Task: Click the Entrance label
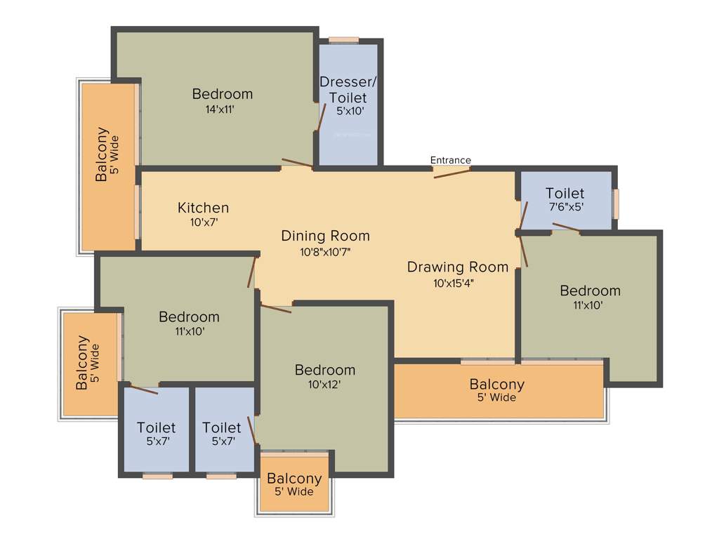tap(450, 160)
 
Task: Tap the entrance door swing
tap(451, 173)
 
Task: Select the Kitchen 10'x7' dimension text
tap(203, 222)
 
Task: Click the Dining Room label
tap(325, 236)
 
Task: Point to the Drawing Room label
tap(458, 267)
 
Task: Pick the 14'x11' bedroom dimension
tap(222, 109)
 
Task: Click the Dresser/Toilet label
tap(348, 89)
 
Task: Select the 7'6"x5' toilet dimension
tap(565, 208)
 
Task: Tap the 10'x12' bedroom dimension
tap(324, 385)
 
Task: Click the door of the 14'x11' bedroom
tap(297, 164)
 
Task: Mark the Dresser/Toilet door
tap(321, 118)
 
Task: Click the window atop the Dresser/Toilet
tap(344, 40)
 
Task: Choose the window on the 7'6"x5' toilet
tap(615, 204)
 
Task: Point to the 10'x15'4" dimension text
tap(458, 284)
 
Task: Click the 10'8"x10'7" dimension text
tap(325, 252)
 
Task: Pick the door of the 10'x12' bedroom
tap(275, 307)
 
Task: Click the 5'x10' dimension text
tap(350, 110)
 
